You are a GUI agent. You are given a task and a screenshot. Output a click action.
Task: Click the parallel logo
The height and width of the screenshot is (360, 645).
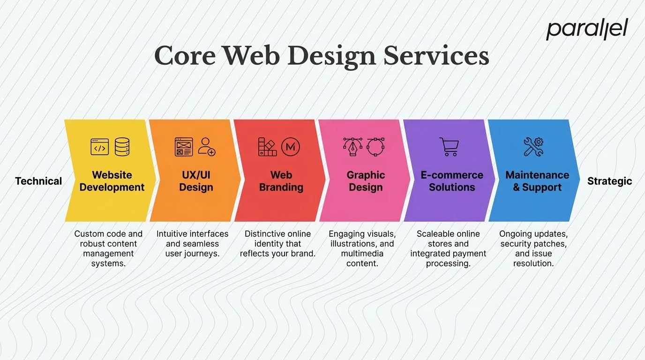click(x=586, y=29)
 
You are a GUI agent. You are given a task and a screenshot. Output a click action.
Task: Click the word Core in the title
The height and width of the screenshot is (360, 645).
click(x=185, y=56)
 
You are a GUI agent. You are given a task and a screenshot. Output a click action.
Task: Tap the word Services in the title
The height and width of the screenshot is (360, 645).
click(x=436, y=56)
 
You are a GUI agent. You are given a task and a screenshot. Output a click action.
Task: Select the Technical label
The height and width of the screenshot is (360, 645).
click(x=38, y=181)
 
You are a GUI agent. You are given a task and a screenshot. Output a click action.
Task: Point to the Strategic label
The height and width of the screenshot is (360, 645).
click(x=609, y=181)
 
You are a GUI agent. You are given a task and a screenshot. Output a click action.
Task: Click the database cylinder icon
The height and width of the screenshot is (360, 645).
click(x=122, y=147)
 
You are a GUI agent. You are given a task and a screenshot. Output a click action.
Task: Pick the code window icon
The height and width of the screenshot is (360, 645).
click(x=99, y=147)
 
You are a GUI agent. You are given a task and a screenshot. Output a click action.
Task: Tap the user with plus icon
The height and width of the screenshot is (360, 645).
click(x=207, y=147)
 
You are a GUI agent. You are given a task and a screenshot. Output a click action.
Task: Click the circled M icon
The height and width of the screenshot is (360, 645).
click(x=290, y=147)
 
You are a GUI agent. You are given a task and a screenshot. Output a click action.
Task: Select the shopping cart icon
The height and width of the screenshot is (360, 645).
click(x=449, y=147)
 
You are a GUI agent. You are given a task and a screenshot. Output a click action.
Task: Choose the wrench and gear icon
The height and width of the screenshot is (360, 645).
click(x=533, y=147)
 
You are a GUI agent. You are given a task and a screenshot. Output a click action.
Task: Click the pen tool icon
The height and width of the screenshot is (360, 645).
click(x=353, y=147)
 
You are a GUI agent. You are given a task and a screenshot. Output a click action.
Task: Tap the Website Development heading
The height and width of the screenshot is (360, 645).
click(x=112, y=181)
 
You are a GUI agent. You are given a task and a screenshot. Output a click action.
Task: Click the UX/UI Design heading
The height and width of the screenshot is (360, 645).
click(x=196, y=181)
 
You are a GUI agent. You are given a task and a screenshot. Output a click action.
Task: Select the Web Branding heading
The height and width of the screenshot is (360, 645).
click(x=281, y=181)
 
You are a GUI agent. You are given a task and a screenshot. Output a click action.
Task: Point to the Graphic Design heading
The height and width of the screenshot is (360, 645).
click(x=366, y=181)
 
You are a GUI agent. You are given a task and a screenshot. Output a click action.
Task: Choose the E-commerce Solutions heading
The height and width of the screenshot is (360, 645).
click(x=452, y=181)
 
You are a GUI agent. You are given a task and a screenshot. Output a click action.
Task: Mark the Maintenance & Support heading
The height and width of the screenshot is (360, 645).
click(x=537, y=181)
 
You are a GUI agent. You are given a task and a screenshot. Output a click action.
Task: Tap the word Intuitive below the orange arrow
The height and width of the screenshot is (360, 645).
click(x=172, y=234)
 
